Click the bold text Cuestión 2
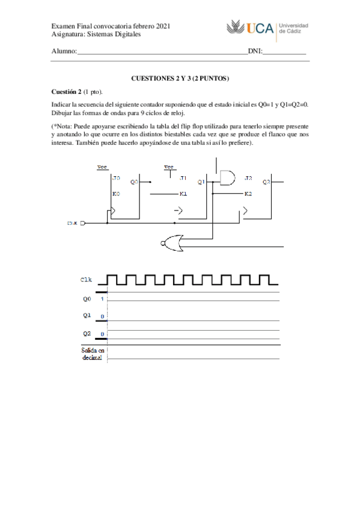(66, 91)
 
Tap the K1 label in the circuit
(183, 194)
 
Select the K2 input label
(248, 194)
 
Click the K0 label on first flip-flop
(116, 194)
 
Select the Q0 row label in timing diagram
(87, 298)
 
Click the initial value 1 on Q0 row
(102, 298)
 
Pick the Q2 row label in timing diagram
(87, 333)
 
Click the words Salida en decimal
(93, 354)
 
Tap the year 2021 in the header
(163, 26)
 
